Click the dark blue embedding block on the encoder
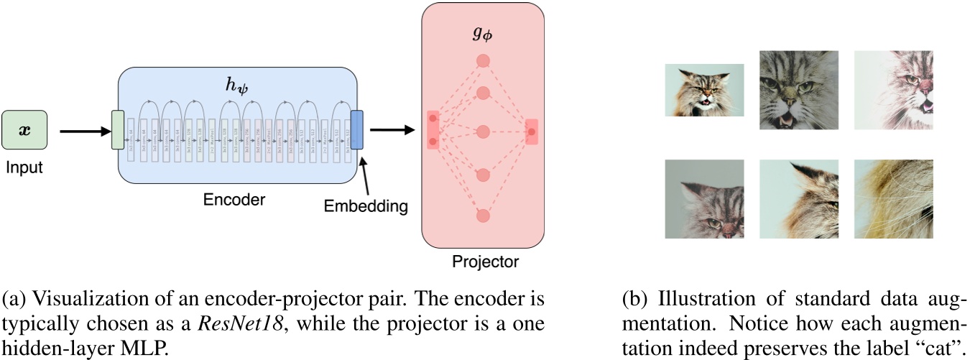[357, 130]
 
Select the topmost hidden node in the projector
[483, 61]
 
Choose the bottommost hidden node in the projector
[483, 216]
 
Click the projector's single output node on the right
[532, 132]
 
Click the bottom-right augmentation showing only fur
[893, 199]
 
